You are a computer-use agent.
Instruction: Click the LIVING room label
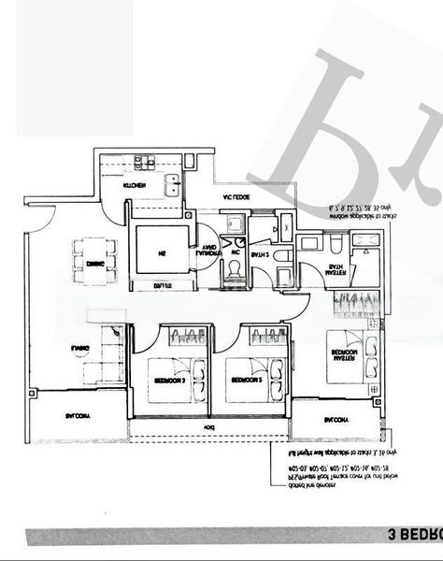tap(79, 349)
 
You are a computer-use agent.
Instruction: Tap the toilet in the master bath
tap(335, 244)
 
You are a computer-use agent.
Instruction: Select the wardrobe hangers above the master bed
tap(357, 302)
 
